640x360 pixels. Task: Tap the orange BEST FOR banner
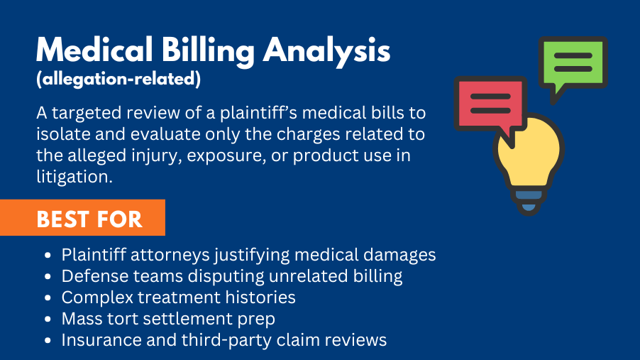[89, 219]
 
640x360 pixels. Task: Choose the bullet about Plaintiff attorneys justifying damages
[248, 255]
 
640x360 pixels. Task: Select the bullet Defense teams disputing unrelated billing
[231, 276]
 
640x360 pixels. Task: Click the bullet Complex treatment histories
[178, 297]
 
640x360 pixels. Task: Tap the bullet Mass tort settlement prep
[168, 318]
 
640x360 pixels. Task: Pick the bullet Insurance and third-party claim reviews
[224, 340]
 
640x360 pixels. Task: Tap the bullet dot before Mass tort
[48, 319]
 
